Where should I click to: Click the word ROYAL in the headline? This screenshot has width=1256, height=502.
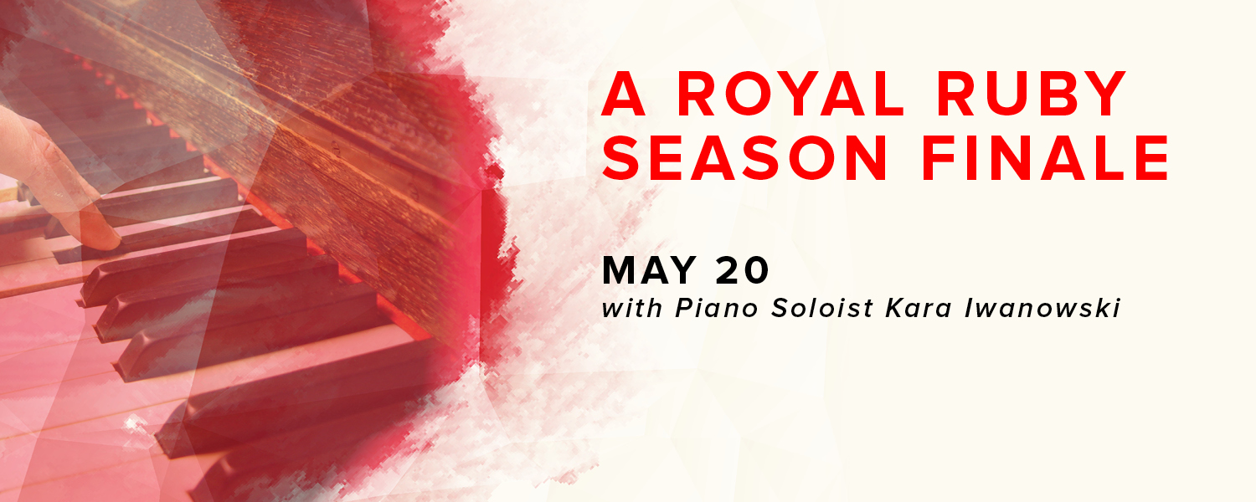click(x=790, y=93)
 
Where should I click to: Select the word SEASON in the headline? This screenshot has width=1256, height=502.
click(x=744, y=157)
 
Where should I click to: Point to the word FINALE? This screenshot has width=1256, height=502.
click(x=1046, y=157)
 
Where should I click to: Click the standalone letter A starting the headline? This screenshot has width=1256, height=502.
click(x=623, y=93)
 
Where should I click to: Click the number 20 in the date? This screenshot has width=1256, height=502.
click(x=742, y=270)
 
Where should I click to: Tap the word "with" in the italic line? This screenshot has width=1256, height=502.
click(x=632, y=308)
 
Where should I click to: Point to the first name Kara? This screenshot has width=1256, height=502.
click(x=919, y=308)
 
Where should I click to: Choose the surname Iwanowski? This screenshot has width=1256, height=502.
click(x=1042, y=308)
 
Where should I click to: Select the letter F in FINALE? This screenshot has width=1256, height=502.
click(x=939, y=157)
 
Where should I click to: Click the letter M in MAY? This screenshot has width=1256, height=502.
click(x=619, y=270)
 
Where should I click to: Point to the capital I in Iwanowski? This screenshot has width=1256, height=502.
click(x=969, y=308)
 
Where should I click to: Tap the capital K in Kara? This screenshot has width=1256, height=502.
click(x=895, y=308)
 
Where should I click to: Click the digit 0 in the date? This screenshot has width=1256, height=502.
click(x=756, y=270)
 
